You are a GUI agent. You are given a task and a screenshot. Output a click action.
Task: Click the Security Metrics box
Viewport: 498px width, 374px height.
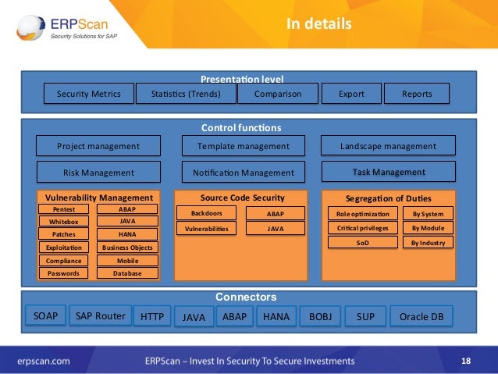pos(88,94)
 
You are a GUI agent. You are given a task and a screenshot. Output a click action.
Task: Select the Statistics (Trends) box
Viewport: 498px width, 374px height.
pos(184,94)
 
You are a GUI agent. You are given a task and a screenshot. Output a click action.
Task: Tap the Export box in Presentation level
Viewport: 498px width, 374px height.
pos(351,94)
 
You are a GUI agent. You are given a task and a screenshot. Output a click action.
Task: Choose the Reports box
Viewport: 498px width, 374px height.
pos(417,94)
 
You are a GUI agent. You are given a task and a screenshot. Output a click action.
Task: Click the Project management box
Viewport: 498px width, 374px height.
pos(98,146)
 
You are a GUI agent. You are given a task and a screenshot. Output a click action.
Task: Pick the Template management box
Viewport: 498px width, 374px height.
pos(243,146)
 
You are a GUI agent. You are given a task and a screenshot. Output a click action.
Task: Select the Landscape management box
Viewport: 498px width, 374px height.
pos(388,146)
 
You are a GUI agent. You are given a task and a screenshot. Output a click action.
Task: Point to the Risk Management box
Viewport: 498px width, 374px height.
pos(98,173)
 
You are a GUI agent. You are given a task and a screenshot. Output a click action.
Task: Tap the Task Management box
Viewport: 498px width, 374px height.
pos(388,172)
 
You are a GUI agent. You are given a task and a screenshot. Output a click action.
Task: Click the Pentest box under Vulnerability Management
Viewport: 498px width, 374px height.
pos(63,209)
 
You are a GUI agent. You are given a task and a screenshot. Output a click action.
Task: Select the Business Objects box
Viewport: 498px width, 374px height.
pos(127,248)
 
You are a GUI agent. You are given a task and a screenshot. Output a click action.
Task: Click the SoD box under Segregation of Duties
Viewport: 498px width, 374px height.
pos(362,242)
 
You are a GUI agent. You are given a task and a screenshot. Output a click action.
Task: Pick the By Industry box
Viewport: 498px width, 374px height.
pos(427,242)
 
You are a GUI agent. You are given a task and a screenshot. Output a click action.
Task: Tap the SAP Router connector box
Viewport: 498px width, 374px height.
pos(100,316)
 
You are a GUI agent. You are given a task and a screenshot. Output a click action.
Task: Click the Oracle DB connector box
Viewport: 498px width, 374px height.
pos(421,317)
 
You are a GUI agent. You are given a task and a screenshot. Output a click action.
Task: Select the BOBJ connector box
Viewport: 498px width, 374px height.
pos(320,317)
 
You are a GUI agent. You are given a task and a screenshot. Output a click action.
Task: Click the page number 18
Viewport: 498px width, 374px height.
pos(466,361)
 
